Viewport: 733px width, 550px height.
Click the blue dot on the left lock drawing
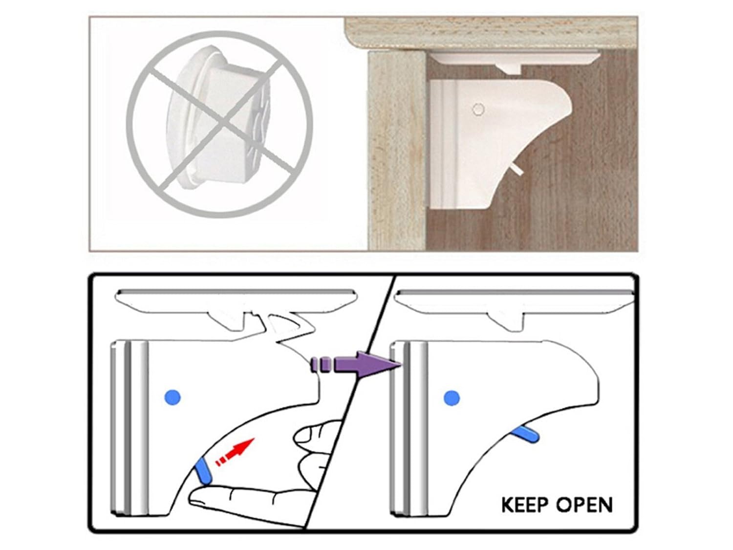(172, 396)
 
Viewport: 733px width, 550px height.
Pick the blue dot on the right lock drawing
(452, 398)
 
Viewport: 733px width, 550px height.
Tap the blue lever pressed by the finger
(204, 471)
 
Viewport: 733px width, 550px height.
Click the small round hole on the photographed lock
(478, 109)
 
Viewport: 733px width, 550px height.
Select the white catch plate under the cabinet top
(513, 59)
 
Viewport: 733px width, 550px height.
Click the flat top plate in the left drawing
(235, 296)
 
